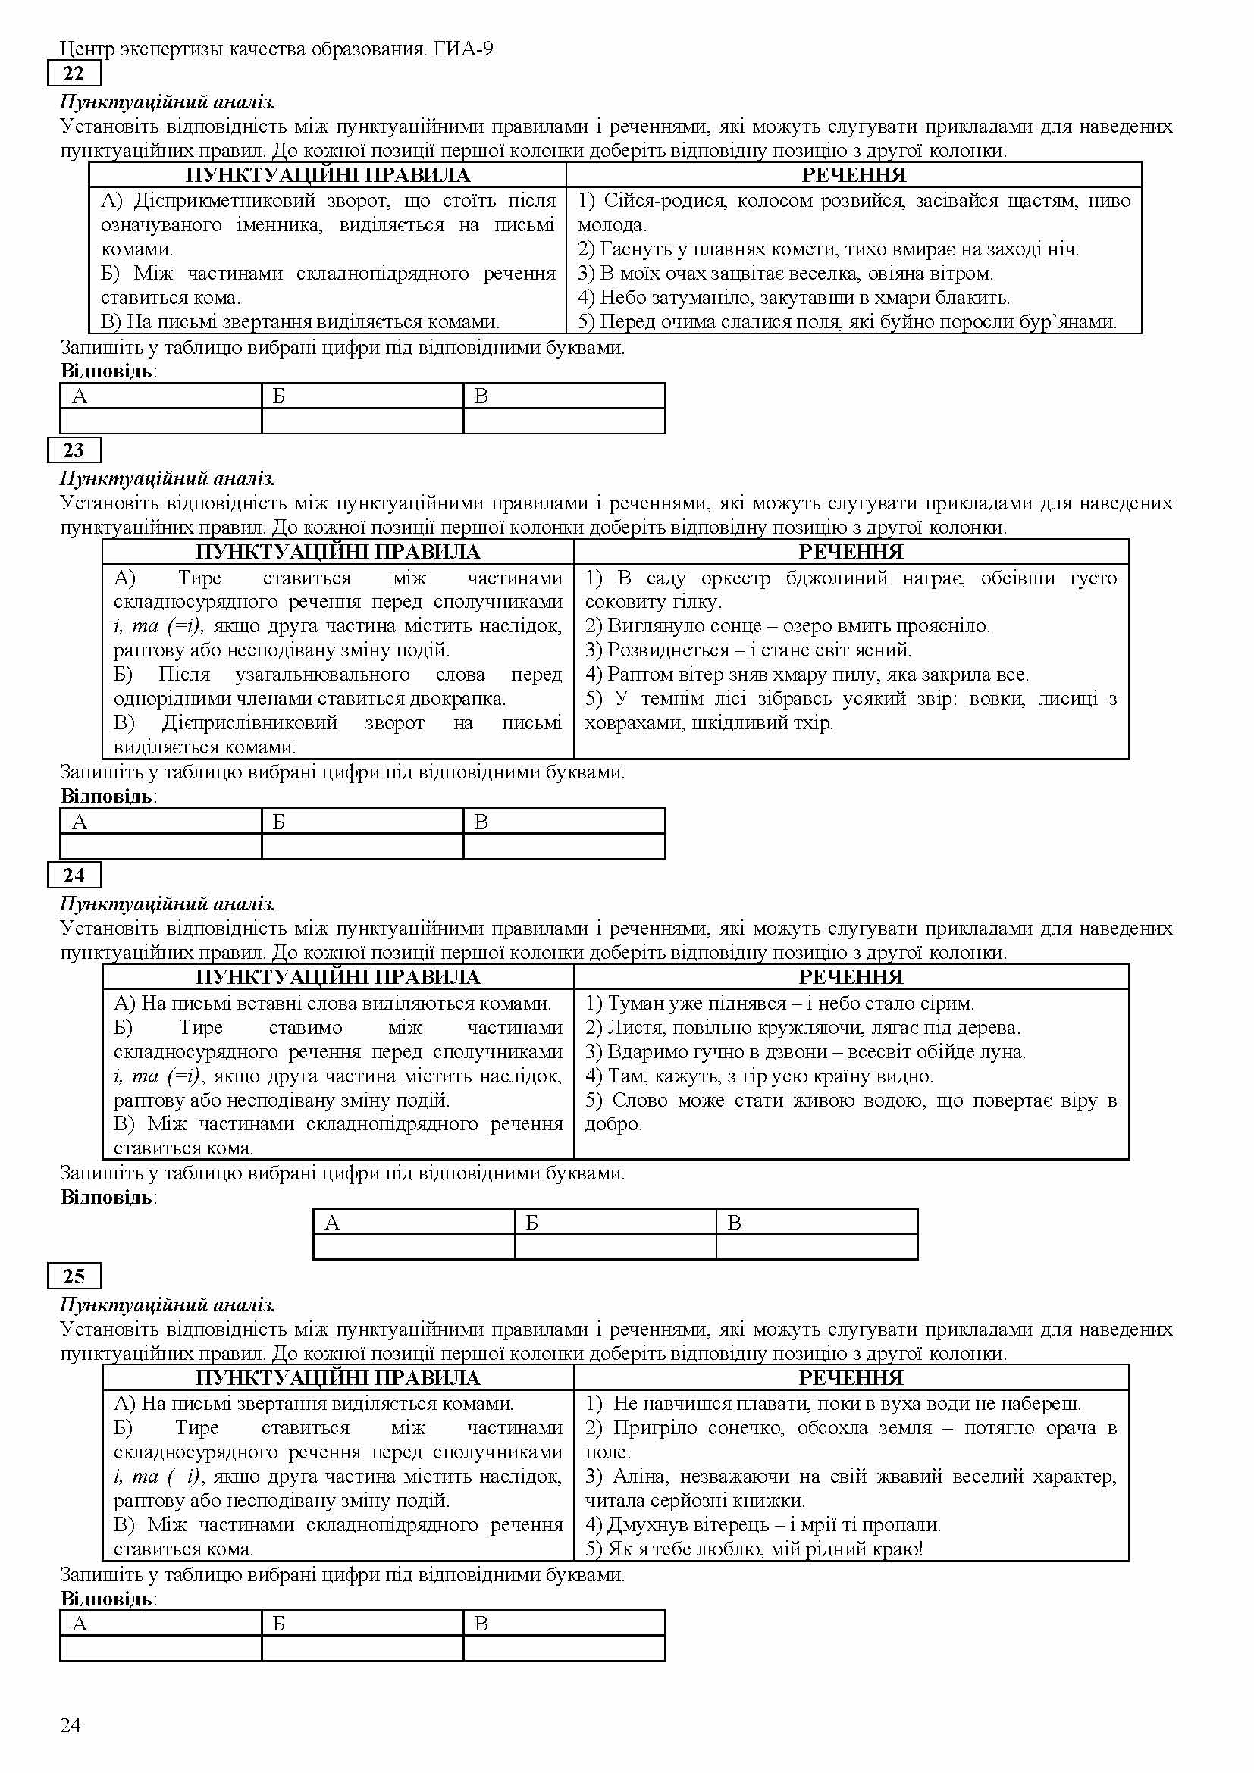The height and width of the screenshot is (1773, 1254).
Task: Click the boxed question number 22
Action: pos(74,74)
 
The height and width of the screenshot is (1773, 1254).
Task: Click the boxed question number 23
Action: pos(74,450)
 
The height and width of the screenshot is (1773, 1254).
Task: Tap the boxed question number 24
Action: pos(74,875)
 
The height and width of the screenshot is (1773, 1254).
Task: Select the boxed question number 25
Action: pos(74,1276)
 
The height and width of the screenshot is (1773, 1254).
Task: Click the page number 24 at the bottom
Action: pos(71,1725)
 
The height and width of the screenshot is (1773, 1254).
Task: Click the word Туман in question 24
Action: pos(634,1003)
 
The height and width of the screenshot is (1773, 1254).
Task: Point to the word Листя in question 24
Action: pos(631,1028)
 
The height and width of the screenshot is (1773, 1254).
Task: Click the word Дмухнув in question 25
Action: pos(643,1525)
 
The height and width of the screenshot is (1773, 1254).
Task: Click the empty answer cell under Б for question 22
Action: pos(362,421)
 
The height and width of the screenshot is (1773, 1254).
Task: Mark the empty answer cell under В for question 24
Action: pos(817,1246)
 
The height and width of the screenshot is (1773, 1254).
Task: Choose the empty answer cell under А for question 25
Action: pos(161,1648)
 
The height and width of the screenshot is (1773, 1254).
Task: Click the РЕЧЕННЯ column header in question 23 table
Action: pos(850,551)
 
